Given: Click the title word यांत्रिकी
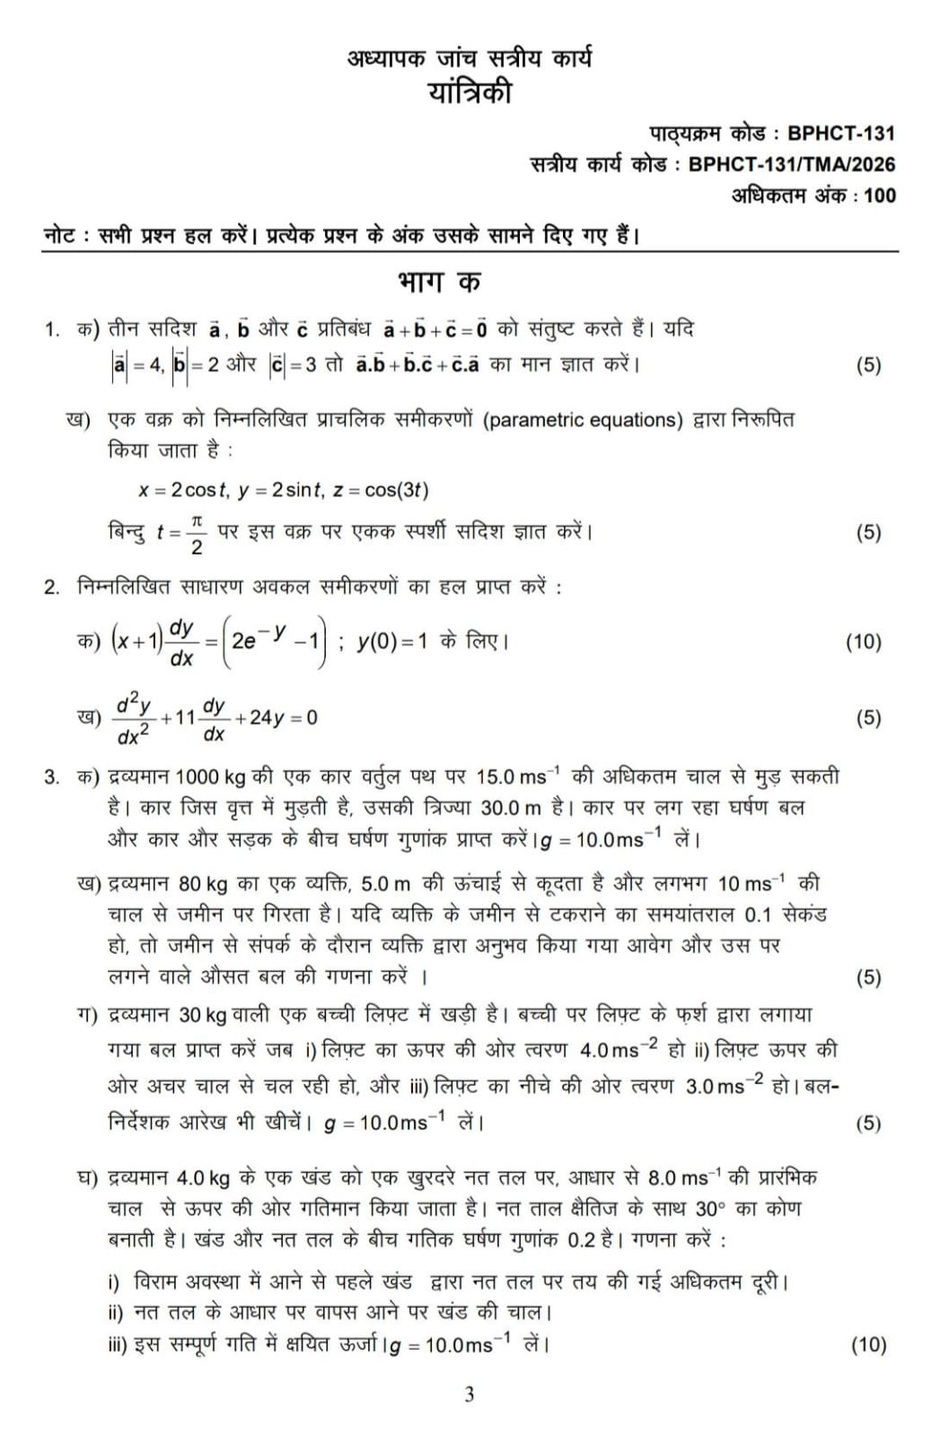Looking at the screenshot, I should tap(470, 92).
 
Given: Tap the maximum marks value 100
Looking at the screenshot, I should tap(880, 196).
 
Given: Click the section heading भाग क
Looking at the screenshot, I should tap(439, 282).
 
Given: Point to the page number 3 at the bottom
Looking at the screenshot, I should tap(469, 1395).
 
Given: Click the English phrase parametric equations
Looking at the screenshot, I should tap(583, 420).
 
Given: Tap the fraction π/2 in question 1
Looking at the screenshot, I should tap(197, 533).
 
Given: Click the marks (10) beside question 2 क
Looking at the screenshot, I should tap(864, 642).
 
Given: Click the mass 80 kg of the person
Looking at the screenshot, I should tap(203, 884).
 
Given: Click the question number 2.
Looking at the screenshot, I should tap(51, 588).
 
